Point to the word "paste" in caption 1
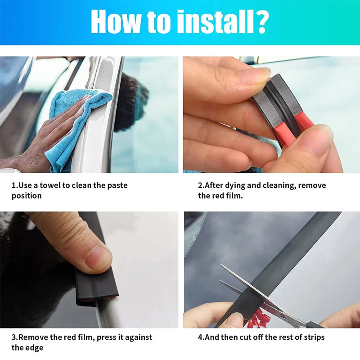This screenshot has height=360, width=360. coord(117,185)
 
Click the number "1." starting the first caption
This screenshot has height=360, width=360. coord(14,185)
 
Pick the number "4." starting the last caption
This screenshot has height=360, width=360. coord(201,337)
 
